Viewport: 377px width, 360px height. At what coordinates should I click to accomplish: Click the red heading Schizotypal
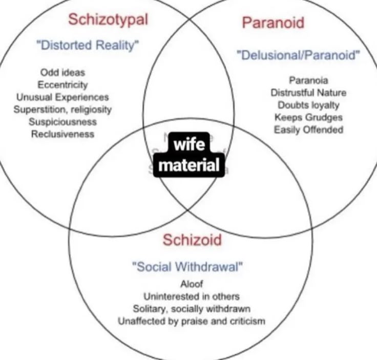(108, 20)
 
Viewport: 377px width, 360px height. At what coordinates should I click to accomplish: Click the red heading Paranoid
(273, 23)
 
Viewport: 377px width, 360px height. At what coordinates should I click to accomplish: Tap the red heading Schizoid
(192, 240)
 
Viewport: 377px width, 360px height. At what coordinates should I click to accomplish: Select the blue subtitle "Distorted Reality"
(88, 45)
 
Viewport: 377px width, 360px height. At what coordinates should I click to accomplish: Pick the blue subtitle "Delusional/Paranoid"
(298, 55)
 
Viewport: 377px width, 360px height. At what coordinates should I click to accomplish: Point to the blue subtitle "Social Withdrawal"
(187, 266)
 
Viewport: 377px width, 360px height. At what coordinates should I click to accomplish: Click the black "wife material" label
(189, 155)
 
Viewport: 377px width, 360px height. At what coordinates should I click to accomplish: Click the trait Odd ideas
(62, 73)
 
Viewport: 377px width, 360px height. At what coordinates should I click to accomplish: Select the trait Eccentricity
(62, 85)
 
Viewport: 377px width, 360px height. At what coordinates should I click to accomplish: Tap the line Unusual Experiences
(62, 97)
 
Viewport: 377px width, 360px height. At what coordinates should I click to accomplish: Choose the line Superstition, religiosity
(62, 109)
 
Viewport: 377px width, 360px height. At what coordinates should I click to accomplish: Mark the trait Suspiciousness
(62, 122)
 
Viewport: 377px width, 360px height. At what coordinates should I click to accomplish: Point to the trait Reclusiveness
(62, 134)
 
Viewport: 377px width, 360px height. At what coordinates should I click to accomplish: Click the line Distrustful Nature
(308, 93)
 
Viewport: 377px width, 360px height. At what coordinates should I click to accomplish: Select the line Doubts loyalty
(308, 105)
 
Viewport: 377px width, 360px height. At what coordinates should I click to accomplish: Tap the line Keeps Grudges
(308, 117)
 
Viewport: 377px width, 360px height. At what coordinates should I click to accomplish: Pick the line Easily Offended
(308, 130)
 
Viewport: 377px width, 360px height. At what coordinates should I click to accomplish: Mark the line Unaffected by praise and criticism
(192, 322)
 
